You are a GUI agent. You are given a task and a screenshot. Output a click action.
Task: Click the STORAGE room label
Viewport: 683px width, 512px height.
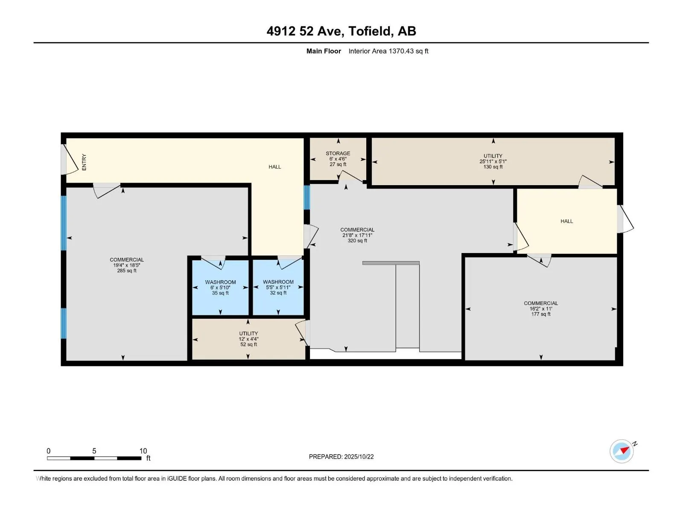point(338,153)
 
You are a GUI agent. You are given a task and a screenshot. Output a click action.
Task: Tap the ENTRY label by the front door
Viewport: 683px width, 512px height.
point(84,162)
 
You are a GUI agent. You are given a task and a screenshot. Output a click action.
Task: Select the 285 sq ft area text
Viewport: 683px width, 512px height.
point(127,271)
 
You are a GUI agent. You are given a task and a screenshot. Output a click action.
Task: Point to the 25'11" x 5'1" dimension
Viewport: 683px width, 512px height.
point(493,161)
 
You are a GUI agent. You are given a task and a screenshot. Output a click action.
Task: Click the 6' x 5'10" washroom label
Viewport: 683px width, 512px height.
point(220,288)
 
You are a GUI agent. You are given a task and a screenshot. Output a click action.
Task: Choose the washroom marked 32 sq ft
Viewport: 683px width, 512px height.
point(278,287)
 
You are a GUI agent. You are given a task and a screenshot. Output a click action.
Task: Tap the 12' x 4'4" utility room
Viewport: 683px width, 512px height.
point(248,339)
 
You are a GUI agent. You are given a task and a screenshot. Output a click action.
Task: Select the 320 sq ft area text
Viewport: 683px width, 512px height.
point(357,241)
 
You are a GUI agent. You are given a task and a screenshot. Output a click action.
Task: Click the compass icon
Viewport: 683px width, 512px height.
point(622,451)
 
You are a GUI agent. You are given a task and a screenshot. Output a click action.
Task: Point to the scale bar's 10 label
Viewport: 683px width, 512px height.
point(143,451)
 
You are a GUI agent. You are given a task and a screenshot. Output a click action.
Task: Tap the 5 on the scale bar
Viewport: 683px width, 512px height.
point(94,451)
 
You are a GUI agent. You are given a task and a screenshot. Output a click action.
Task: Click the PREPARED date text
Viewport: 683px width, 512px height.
point(341,457)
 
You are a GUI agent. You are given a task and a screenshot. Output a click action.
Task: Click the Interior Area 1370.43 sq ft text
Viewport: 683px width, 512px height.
point(388,51)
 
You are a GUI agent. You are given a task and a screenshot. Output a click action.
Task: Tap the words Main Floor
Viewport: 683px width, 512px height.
point(324,51)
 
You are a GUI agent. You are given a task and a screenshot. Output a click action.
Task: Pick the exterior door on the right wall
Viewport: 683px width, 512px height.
point(625,219)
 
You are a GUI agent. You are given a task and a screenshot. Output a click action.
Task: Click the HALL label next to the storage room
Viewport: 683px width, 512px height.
point(275,167)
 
